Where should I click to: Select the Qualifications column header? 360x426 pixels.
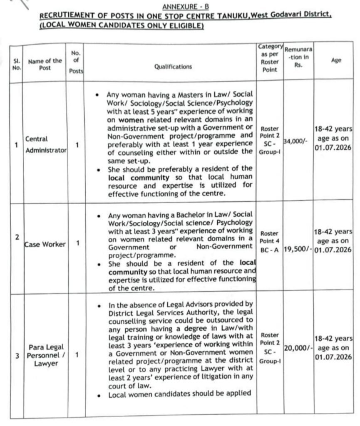(x=173, y=67)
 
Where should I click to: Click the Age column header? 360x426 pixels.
(x=336, y=60)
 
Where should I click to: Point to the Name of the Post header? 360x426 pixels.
(x=45, y=64)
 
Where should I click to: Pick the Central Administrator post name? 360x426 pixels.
(x=46, y=144)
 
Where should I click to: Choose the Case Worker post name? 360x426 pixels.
(x=45, y=244)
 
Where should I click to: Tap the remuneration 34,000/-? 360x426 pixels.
(x=295, y=141)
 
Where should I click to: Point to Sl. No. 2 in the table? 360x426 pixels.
(x=16, y=237)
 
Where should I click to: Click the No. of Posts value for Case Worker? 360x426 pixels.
(x=77, y=244)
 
